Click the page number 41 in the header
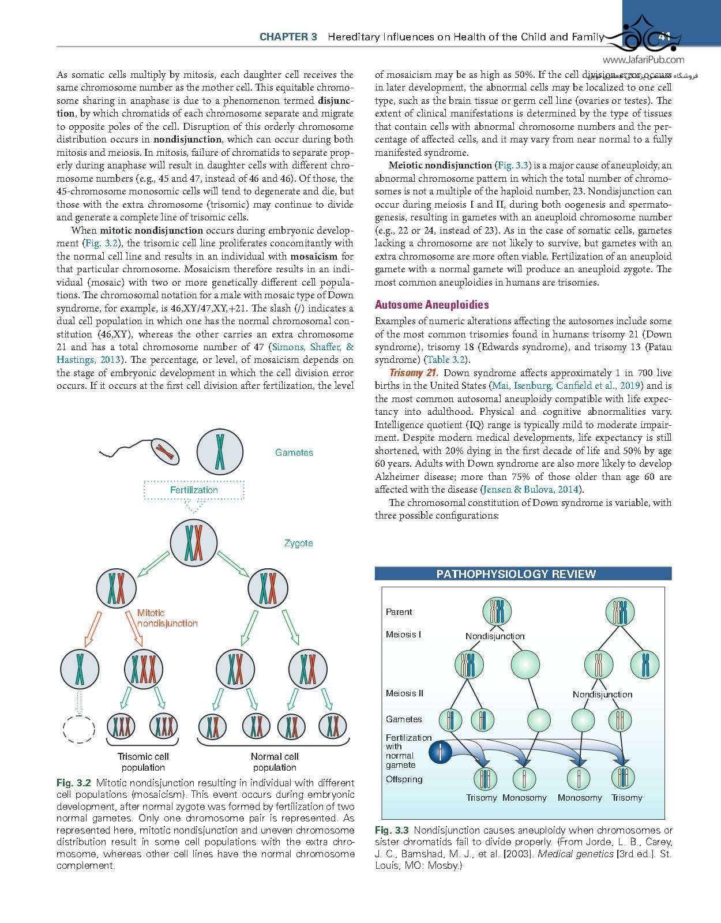(664, 36)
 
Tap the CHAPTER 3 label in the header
(288, 37)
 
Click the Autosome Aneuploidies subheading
(431, 305)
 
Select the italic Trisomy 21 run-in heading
(414, 373)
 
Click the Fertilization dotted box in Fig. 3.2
(194, 490)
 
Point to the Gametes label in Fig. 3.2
(294, 453)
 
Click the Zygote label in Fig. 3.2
(298, 543)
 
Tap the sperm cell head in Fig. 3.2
(166, 450)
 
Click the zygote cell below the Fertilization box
(194, 542)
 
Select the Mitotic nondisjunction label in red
(167, 618)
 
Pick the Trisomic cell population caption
(143, 761)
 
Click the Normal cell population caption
(275, 761)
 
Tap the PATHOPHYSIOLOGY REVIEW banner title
(516, 574)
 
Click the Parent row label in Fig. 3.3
(399, 611)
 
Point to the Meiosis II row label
(404, 693)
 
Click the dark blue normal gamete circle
(441, 752)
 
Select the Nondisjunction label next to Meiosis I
(495, 636)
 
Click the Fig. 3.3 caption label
(392, 830)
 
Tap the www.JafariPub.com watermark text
(644, 59)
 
